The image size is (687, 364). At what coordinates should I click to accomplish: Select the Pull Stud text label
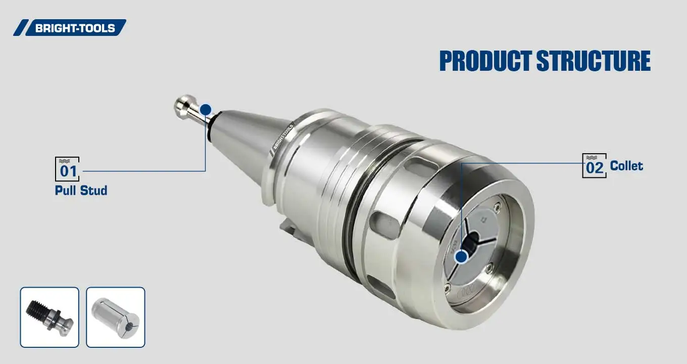tap(81, 191)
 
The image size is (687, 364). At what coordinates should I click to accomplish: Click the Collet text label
tap(626, 166)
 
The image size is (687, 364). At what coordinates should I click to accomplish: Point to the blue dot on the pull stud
tap(206, 110)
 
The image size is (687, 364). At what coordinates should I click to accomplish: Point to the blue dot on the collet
tap(461, 257)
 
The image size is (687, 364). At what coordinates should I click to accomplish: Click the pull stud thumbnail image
tap(50, 317)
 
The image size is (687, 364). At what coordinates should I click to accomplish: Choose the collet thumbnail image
tap(116, 317)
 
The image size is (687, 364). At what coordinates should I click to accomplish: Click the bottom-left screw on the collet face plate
tap(448, 288)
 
